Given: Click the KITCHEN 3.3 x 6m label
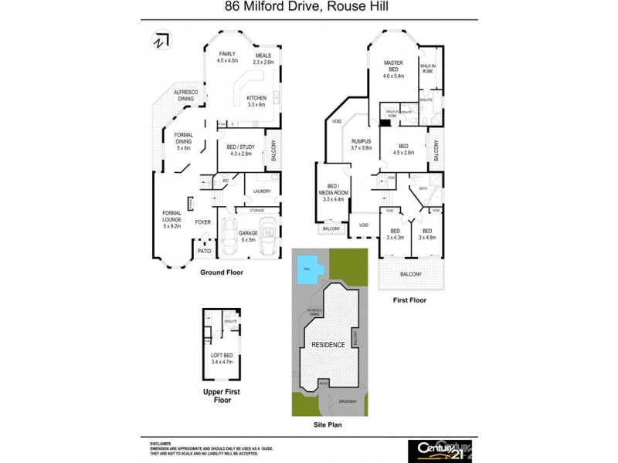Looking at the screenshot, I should tap(256, 101).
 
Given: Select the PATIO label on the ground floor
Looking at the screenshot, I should tap(205, 251).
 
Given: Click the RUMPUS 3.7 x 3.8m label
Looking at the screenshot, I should tap(362, 144).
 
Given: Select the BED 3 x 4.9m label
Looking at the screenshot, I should tap(427, 234).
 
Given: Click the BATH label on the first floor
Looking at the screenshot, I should tap(423, 188).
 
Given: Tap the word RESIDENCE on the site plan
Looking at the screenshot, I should tap(329, 344).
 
